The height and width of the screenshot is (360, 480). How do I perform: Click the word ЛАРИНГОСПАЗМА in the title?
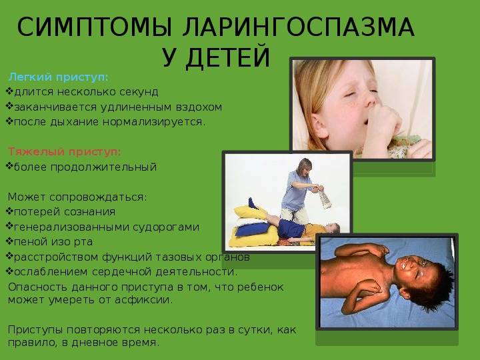point(299,27)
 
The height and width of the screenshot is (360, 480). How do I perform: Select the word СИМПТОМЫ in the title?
point(94,27)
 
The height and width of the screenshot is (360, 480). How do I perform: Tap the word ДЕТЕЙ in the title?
point(228,57)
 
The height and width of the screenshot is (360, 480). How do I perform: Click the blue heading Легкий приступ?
point(59,77)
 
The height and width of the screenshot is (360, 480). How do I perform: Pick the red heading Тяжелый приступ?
point(64,151)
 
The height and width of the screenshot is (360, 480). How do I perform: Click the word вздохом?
point(199,107)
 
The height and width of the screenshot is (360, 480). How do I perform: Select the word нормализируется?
point(154,122)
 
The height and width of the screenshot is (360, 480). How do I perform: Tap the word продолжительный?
point(103,167)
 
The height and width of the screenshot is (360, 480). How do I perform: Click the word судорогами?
point(166,227)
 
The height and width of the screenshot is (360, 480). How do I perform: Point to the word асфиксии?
point(144,300)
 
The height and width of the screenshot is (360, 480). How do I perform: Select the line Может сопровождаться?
point(77,197)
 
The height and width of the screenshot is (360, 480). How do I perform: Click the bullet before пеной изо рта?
point(9,241)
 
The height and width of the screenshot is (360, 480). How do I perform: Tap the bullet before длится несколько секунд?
point(9,91)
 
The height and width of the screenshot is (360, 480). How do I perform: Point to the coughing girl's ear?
point(319,125)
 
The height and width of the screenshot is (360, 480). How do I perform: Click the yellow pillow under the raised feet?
point(251,212)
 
